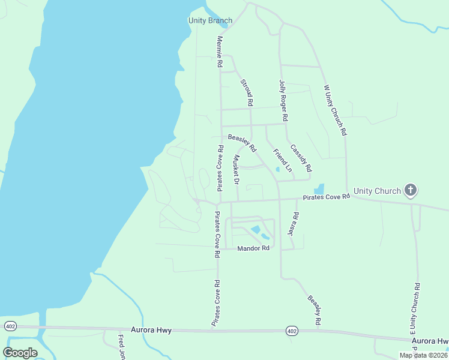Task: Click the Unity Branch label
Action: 210,21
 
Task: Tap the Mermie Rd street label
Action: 220,52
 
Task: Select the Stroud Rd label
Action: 246,92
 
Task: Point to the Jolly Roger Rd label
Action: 283,100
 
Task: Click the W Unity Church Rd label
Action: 336,109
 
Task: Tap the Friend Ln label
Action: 282,160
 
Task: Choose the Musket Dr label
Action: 237,170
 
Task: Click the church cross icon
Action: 411,191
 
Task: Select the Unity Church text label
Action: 377,191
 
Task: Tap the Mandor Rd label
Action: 253,248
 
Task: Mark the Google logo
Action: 20,353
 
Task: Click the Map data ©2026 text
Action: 423,355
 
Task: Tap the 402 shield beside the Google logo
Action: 10,326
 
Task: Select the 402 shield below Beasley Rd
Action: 292,331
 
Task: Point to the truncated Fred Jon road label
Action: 121,347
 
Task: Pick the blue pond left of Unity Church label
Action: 319,189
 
